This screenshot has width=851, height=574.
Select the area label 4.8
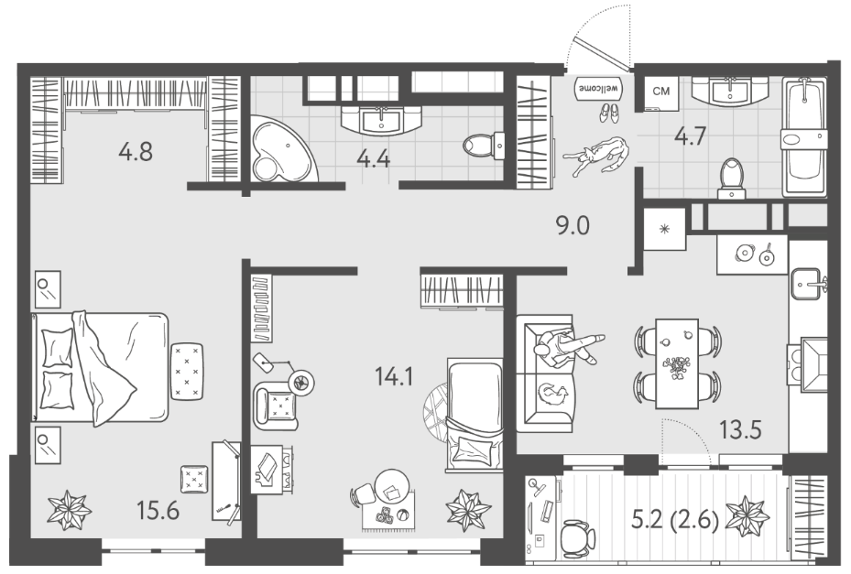click(136, 151)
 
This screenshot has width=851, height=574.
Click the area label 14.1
click(394, 375)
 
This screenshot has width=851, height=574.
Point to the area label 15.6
click(158, 511)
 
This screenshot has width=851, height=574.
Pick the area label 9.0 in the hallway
click(573, 225)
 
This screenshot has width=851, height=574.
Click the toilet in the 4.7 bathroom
click(731, 179)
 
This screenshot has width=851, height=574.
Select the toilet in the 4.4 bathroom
click(484, 145)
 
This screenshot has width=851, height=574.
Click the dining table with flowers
click(677, 363)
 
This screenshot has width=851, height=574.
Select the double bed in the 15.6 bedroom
click(102, 369)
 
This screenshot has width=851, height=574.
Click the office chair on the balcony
click(575, 536)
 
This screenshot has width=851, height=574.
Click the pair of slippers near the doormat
click(608, 113)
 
